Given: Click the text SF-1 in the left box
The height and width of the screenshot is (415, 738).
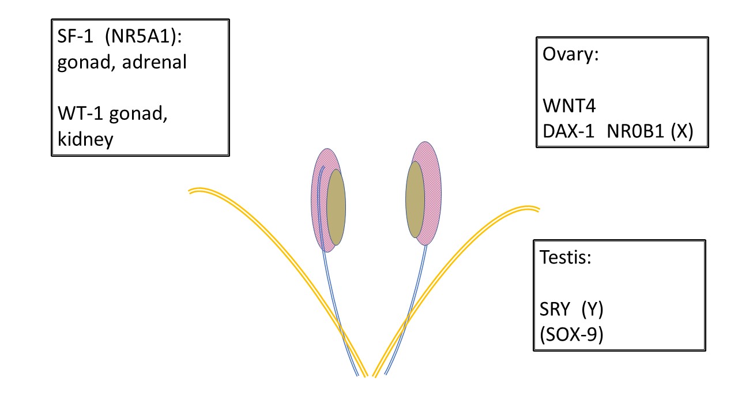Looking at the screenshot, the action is tap(75, 36).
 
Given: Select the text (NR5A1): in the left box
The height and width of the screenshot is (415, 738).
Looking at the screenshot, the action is tap(144, 36).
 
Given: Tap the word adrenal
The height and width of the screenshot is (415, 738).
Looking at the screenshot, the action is tap(154, 62).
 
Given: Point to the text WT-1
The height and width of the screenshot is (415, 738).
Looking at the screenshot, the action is tap(80, 113).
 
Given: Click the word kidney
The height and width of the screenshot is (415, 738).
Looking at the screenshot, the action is tap(85, 139).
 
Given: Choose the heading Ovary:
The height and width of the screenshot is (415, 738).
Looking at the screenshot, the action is tap(570, 55).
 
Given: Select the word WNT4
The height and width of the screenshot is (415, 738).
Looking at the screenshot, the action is tap(569, 106).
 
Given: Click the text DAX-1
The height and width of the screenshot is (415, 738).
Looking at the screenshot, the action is tap(568, 131).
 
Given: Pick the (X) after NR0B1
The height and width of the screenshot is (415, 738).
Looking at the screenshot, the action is tap(682, 131).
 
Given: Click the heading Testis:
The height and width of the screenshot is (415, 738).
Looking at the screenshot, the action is tap(566, 257).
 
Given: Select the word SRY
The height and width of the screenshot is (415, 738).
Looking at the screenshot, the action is tap(555, 309).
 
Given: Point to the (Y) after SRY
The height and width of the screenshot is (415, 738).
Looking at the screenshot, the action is tap(592, 309).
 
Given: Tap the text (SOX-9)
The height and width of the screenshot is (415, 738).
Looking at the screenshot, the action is tap(571, 334).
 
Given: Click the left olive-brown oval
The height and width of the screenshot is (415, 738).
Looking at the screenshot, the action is tap(336, 207).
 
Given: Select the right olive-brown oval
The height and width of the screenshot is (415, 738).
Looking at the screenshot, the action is tap(415, 199).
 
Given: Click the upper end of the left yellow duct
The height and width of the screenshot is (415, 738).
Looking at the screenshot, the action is tap(189, 191).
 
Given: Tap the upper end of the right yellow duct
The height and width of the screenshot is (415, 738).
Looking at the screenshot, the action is tap(539, 209).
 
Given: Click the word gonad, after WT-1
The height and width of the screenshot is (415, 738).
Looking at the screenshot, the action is tap(138, 114).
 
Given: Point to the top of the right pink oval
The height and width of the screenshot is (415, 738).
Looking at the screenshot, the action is tap(426, 142).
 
